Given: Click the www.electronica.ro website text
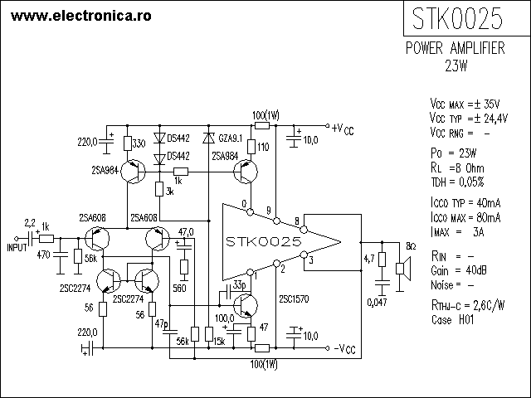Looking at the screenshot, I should pyautogui.click(x=74, y=15).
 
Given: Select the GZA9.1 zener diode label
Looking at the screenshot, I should pyautogui.click(x=226, y=137).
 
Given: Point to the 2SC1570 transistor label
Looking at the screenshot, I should pyautogui.click(x=295, y=298).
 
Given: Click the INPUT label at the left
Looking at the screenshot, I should pyautogui.click(x=17, y=247).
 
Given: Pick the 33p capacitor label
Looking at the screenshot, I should pyautogui.click(x=239, y=285).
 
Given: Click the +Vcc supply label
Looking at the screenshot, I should pyautogui.click(x=342, y=130).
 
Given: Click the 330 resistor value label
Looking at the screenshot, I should pyautogui.click(x=139, y=143).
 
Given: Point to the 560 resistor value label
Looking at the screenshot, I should pyautogui.click(x=178, y=288).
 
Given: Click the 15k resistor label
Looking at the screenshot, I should pyautogui.click(x=218, y=342).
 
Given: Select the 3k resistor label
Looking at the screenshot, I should pyautogui.click(x=169, y=192).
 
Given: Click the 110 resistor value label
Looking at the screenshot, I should pyautogui.click(x=264, y=147).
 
